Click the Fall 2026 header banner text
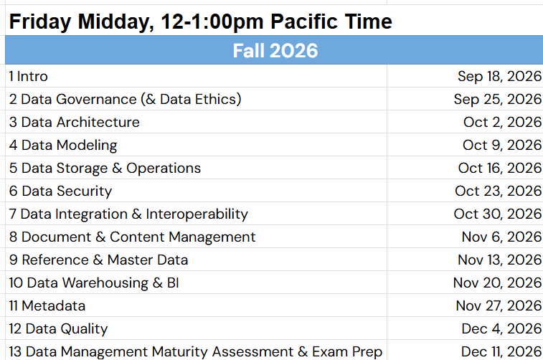[275, 50]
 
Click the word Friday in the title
[40, 22]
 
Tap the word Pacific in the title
[303, 22]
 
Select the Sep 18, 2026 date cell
[499, 77]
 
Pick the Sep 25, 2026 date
[497, 100]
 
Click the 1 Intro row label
[29, 77]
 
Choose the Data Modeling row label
[63, 146]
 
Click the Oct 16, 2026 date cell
[499, 169]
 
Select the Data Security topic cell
[60, 191]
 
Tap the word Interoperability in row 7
[197, 214]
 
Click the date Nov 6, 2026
[501, 237]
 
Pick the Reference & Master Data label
[99, 260]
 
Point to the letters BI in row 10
[173, 283]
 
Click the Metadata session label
[47, 306]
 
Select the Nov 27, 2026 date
[499, 306]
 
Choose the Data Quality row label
[58, 329]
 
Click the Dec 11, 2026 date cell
[501, 351]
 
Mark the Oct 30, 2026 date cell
[497, 214]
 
